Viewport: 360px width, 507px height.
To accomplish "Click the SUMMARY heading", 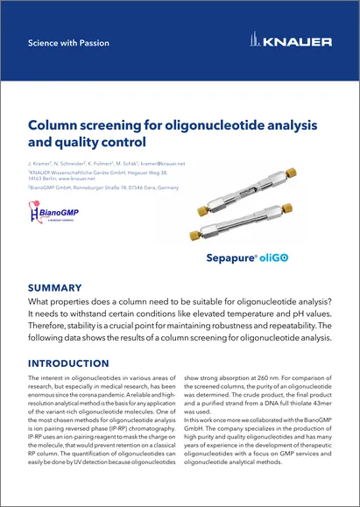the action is [x=55, y=287].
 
